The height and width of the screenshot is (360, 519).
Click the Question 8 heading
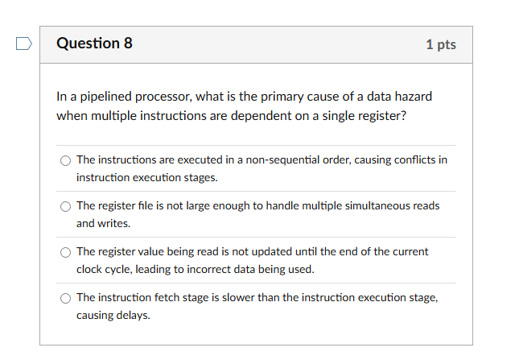(x=94, y=43)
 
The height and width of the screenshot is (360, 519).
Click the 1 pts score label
(x=441, y=44)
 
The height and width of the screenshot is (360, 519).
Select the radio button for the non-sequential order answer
(x=65, y=159)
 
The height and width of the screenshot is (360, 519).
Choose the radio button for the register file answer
(x=65, y=205)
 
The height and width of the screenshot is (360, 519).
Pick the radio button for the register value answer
(x=65, y=252)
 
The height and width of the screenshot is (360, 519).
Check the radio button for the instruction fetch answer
(x=65, y=298)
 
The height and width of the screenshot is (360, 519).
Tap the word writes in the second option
(x=114, y=223)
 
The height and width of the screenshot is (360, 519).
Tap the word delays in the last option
(x=134, y=316)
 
